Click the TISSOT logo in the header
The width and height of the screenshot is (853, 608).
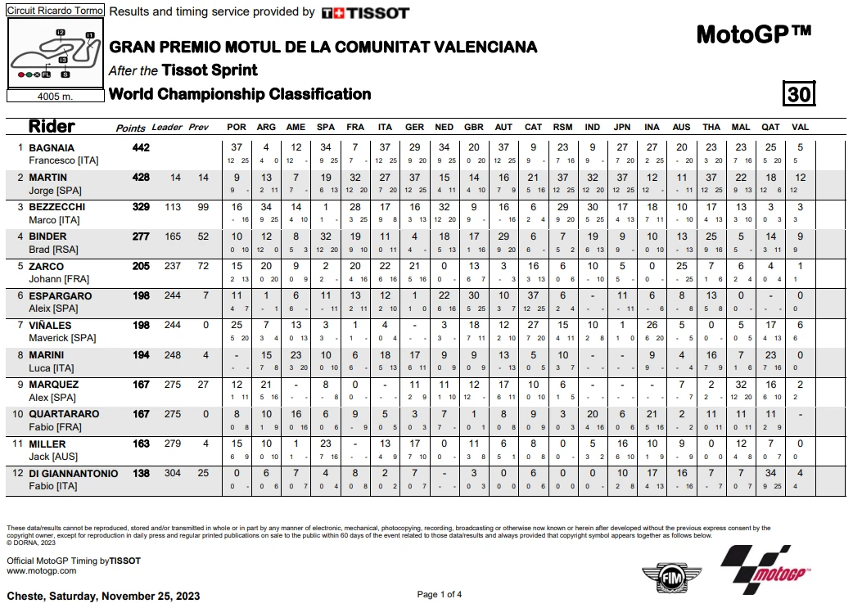pos(364,12)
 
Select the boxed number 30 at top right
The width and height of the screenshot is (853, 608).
pos(799,94)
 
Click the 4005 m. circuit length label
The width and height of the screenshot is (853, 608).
pos(55,95)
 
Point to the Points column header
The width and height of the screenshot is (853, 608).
pos(131,128)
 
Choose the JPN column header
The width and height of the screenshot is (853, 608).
pos(622,128)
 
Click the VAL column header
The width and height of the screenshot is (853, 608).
pos(800,128)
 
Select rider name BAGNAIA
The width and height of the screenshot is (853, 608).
pos(52,147)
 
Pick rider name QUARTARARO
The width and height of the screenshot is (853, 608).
pos(64,414)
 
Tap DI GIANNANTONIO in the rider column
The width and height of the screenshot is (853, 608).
pos(74,473)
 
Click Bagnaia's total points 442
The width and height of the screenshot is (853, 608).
pos(141,147)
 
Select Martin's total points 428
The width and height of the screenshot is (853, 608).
pos(141,177)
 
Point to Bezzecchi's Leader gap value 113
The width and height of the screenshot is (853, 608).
pos(171,207)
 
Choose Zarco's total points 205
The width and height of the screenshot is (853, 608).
pos(141,266)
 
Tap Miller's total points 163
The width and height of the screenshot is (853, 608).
pos(141,444)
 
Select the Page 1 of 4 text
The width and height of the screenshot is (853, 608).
pos(440,594)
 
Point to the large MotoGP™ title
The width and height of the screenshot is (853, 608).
pos(753,34)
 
